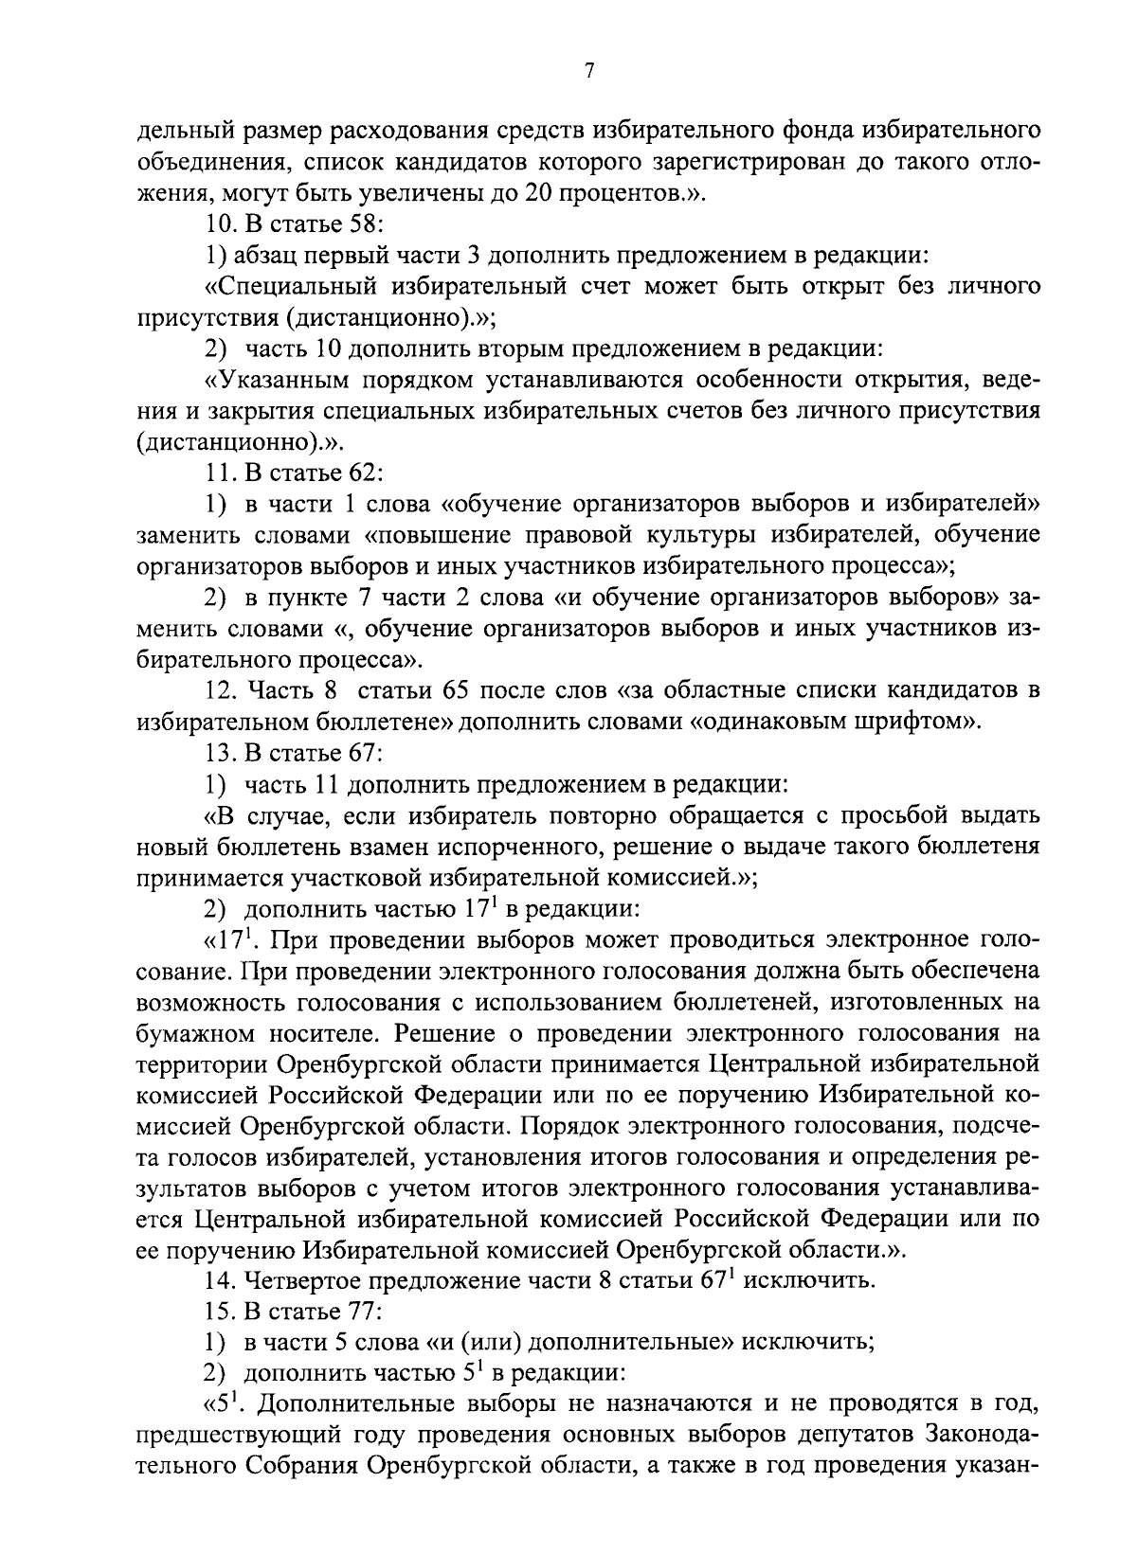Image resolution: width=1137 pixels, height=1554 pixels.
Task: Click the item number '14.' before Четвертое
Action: pyautogui.click(x=220, y=1281)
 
